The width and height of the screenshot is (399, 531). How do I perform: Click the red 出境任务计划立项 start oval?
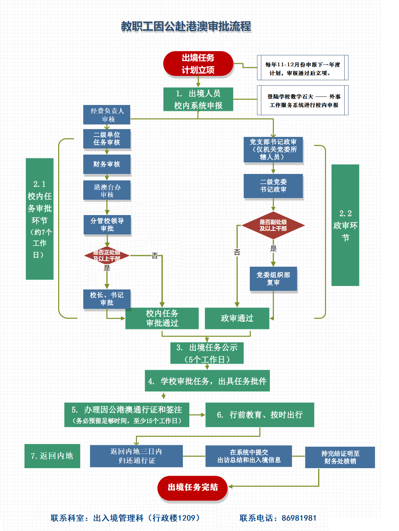tap(198, 64)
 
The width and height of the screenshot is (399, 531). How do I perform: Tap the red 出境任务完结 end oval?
tap(192, 488)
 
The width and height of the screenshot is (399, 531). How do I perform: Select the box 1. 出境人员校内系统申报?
tap(198, 99)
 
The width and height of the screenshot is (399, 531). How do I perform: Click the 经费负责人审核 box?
tap(107, 115)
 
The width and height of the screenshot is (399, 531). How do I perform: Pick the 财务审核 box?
tap(107, 164)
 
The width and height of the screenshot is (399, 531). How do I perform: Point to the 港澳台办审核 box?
tap(107, 191)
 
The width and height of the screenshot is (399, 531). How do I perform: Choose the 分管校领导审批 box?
tap(107, 225)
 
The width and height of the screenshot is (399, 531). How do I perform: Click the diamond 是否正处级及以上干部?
tap(107, 255)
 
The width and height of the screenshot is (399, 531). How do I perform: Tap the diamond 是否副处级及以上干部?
tap(273, 225)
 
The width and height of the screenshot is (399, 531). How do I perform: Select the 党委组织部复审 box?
tap(273, 279)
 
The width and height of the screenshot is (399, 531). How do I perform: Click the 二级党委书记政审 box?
tap(273, 186)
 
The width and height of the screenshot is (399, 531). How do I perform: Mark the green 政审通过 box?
tap(237, 318)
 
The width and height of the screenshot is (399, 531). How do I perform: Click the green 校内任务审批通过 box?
tap(162, 318)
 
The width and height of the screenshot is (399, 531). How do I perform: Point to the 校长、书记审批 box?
tap(107, 299)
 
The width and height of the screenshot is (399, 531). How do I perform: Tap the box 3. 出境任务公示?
tap(207, 353)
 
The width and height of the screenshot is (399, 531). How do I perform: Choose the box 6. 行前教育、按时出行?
tap(260, 415)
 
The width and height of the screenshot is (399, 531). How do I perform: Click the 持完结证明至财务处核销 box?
tap(340, 457)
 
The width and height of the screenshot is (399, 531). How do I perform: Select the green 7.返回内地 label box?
tap(52, 456)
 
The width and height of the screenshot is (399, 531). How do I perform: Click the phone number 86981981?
tap(299, 518)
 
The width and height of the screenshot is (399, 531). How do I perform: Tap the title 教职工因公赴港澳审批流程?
tap(186, 26)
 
